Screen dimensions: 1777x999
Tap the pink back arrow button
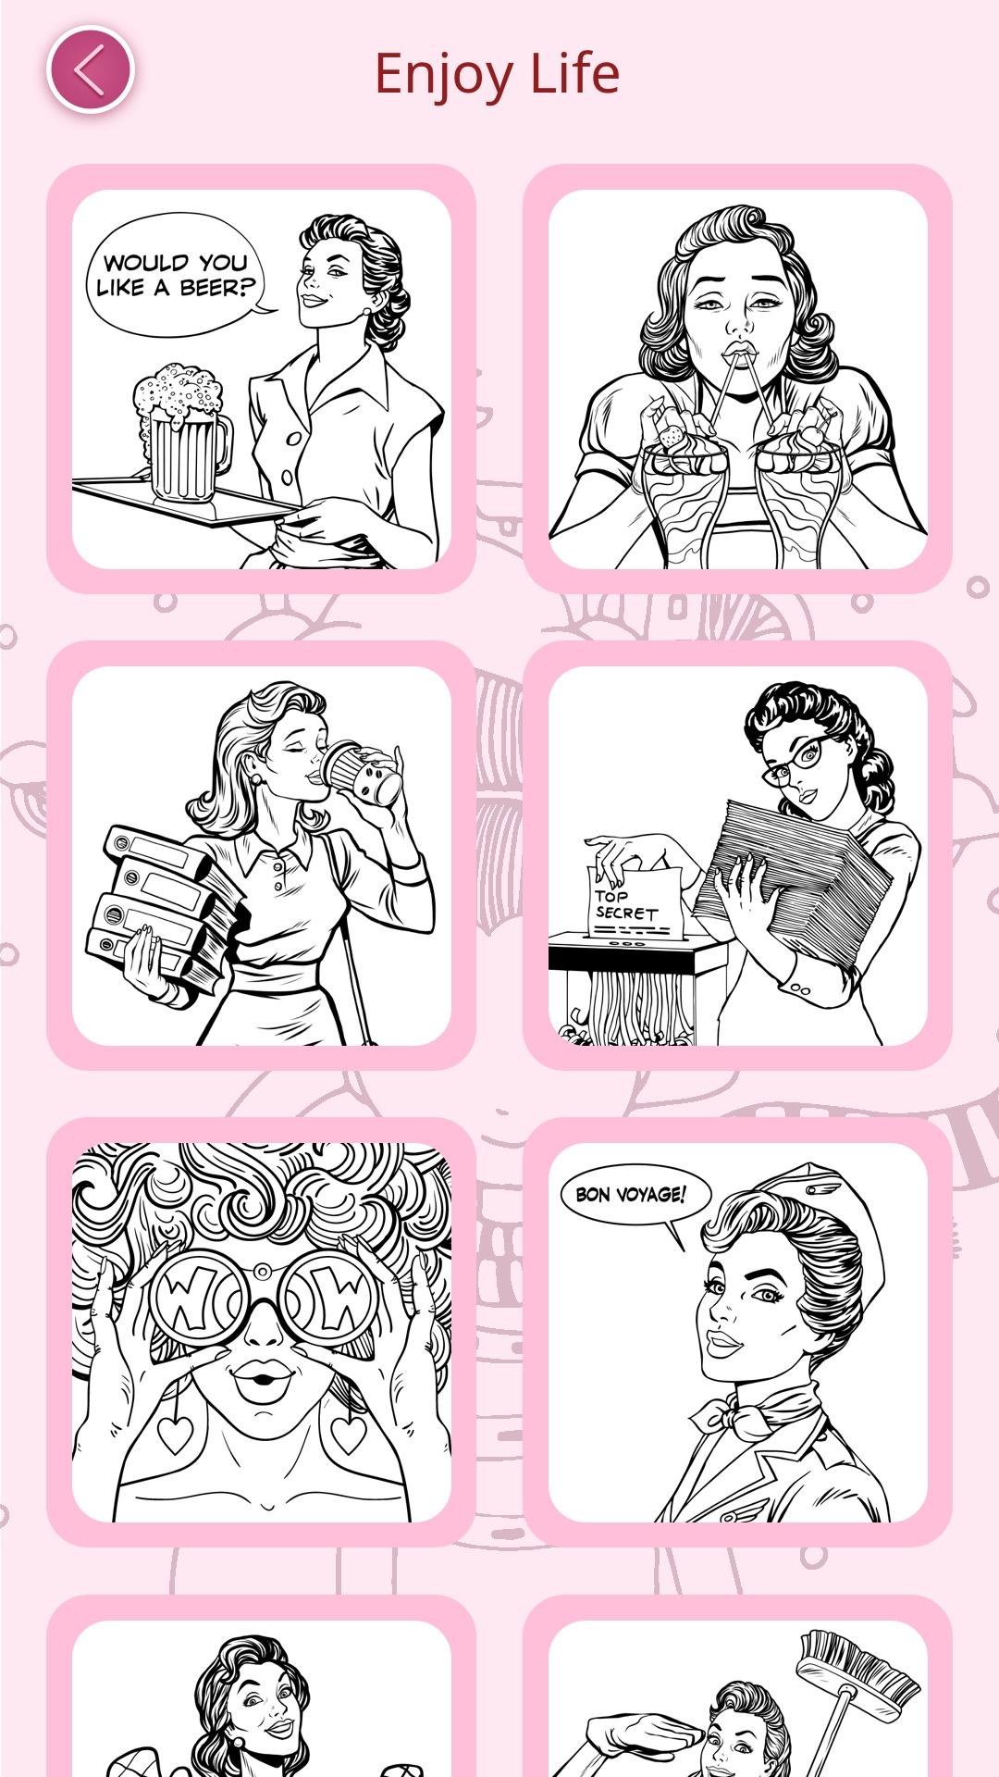click(91, 70)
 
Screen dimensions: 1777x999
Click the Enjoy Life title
click(497, 74)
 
